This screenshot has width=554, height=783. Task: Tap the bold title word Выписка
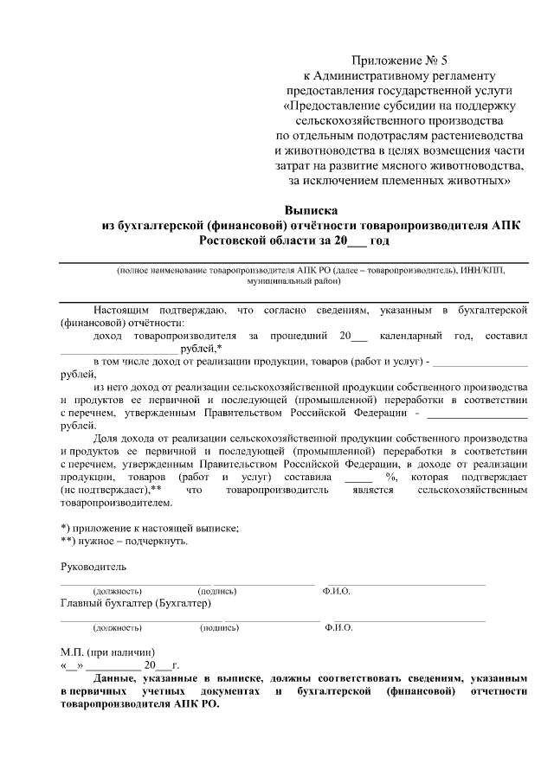[x=311, y=210]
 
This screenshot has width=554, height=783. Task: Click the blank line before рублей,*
[x=119, y=349]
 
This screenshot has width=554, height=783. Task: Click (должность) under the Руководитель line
[x=119, y=591]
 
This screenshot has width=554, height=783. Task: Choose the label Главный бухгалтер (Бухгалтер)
[x=136, y=603]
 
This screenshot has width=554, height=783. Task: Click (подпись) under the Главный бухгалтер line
[x=219, y=627]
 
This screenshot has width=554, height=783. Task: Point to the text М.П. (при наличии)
[x=108, y=651]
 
